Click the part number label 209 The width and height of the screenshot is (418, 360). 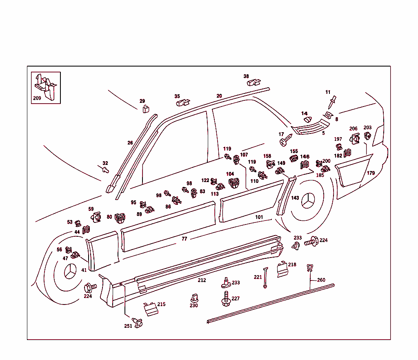click(37, 98)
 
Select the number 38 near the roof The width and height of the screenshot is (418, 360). click(246, 76)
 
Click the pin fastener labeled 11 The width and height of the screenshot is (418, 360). click(333, 100)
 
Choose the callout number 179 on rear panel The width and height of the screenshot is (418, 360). click(371, 173)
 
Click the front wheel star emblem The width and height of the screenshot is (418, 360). click(71, 272)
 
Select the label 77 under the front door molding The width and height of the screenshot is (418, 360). click(185, 239)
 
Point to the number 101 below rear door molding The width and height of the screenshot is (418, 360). click(259, 217)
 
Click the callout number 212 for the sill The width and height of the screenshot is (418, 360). click(202, 280)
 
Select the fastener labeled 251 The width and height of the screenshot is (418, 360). click(138, 322)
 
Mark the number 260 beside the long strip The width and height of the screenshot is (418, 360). click(321, 280)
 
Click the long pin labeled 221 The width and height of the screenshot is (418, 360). click(265, 278)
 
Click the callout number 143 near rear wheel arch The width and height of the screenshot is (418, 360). click(295, 198)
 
